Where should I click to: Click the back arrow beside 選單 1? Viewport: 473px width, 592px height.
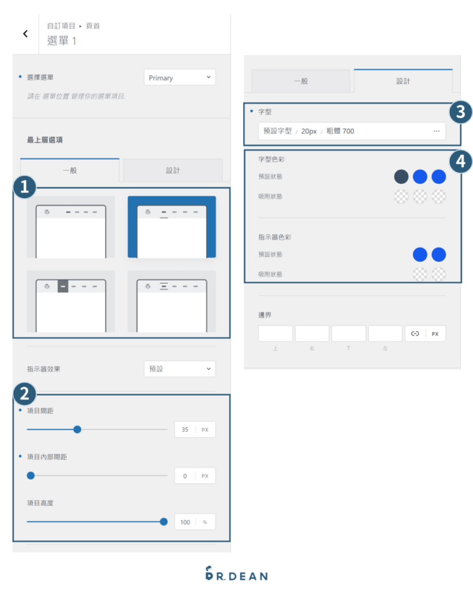click(x=25, y=34)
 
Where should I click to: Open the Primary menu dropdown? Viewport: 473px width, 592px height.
click(x=179, y=77)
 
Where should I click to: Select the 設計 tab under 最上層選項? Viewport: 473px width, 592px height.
click(x=173, y=171)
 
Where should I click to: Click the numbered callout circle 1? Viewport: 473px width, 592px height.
click(x=25, y=188)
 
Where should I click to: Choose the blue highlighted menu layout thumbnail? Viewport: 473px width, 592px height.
click(x=172, y=227)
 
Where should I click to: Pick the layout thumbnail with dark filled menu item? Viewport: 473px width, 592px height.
click(x=70, y=301)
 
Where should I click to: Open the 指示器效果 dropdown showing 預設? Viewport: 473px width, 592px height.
click(x=179, y=369)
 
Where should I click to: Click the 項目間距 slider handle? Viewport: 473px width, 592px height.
click(x=77, y=430)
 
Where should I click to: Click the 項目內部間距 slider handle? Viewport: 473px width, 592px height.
click(x=31, y=476)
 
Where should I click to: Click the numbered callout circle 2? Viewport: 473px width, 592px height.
click(x=25, y=394)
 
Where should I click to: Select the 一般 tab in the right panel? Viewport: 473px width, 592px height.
click(x=301, y=81)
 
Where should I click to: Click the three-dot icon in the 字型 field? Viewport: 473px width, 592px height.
click(x=436, y=131)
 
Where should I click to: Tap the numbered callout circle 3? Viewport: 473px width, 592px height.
click(x=460, y=113)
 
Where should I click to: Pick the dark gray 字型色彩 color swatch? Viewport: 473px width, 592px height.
click(x=401, y=176)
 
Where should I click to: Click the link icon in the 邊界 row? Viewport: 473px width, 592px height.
click(x=415, y=334)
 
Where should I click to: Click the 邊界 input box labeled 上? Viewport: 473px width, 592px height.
click(x=275, y=334)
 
